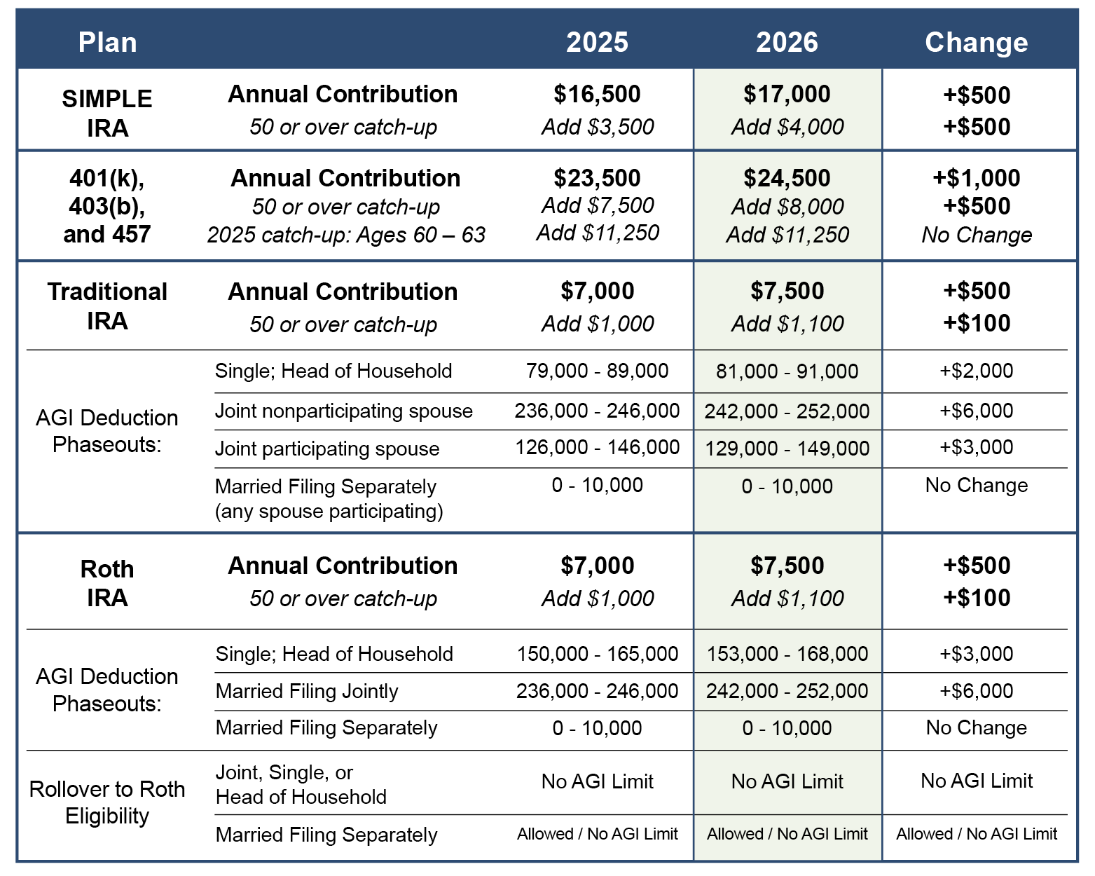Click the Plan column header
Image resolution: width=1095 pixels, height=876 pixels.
[x=107, y=42]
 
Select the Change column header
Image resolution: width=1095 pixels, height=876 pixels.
[x=976, y=42]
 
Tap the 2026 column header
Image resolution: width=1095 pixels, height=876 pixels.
[x=787, y=42]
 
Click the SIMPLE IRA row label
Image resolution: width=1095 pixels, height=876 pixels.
[x=107, y=113]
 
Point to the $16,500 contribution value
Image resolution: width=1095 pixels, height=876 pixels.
[x=597, y=94]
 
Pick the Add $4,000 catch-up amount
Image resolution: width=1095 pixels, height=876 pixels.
[x=787, y=127]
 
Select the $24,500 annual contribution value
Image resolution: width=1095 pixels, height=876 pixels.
[x=787, y=178]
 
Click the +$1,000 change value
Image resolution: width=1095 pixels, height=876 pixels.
[x=976, y=178]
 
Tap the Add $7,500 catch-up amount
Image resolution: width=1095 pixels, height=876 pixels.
[x=598, y=205]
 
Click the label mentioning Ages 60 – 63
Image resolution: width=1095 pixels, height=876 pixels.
[x=346, y=235]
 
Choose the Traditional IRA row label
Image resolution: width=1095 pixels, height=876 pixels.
[x=107, y=306]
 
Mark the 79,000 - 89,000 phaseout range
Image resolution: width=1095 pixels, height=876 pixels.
[x=597, y=371]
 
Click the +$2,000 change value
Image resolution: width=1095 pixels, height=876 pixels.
[x=976, y=371]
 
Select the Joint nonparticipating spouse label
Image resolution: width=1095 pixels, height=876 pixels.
[x=343, y=411]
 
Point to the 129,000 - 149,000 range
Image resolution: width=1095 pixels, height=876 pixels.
[x=787, y=449]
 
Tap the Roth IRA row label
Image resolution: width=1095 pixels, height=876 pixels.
[x=107, y=582]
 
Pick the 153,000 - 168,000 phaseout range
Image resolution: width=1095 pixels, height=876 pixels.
[x=787, y=654]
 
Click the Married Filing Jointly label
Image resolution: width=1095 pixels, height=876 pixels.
[x=307, y=691]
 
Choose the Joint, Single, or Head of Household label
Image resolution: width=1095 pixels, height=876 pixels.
[x=301, y=784]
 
